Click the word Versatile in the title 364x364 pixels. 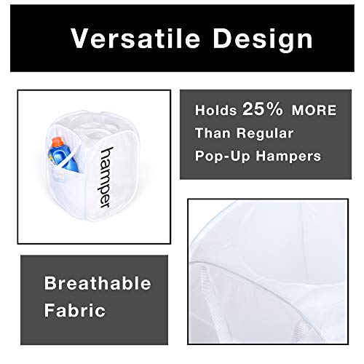(135, 38)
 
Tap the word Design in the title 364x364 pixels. (263, 40)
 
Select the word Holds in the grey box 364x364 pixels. (215, 110)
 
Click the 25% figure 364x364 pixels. (263, 108)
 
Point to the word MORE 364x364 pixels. (314, 111)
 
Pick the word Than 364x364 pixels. (213, 133)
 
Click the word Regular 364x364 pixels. (265, 134)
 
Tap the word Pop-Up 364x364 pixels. (222, 156)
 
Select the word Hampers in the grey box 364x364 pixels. (288, 156)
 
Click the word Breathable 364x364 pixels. (98, 283)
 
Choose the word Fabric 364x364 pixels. (75, 310)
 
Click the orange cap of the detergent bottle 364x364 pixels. (57, 142)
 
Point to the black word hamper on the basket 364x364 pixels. (106, 178)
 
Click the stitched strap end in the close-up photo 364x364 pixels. (301, 329)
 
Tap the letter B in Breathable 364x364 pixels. (50, 283)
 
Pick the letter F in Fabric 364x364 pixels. (49, 310)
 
